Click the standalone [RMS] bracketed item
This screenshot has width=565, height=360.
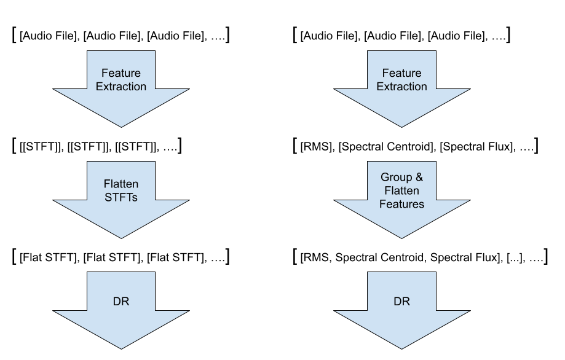tap(315, 147)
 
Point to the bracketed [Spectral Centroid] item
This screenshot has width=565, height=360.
tap(385, 147)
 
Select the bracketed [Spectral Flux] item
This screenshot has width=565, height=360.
tap(476, 147)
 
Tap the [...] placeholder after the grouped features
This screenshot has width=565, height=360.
tap(514, 257)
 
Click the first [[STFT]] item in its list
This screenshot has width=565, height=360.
tap(40, 147)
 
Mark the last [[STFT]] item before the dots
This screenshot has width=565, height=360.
tap(135, 147)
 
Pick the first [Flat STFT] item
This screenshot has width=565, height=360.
tap(48, 257)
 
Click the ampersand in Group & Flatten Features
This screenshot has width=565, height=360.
tap(419, 177)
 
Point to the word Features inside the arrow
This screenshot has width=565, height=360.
tap(401, 204)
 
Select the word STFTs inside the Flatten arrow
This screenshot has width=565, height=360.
tap(121, 197)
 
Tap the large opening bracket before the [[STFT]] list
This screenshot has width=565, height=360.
tap(14, 146)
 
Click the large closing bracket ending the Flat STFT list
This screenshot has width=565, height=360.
tap(227, 256)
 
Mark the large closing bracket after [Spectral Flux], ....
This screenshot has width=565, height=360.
tap(537, 146)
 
